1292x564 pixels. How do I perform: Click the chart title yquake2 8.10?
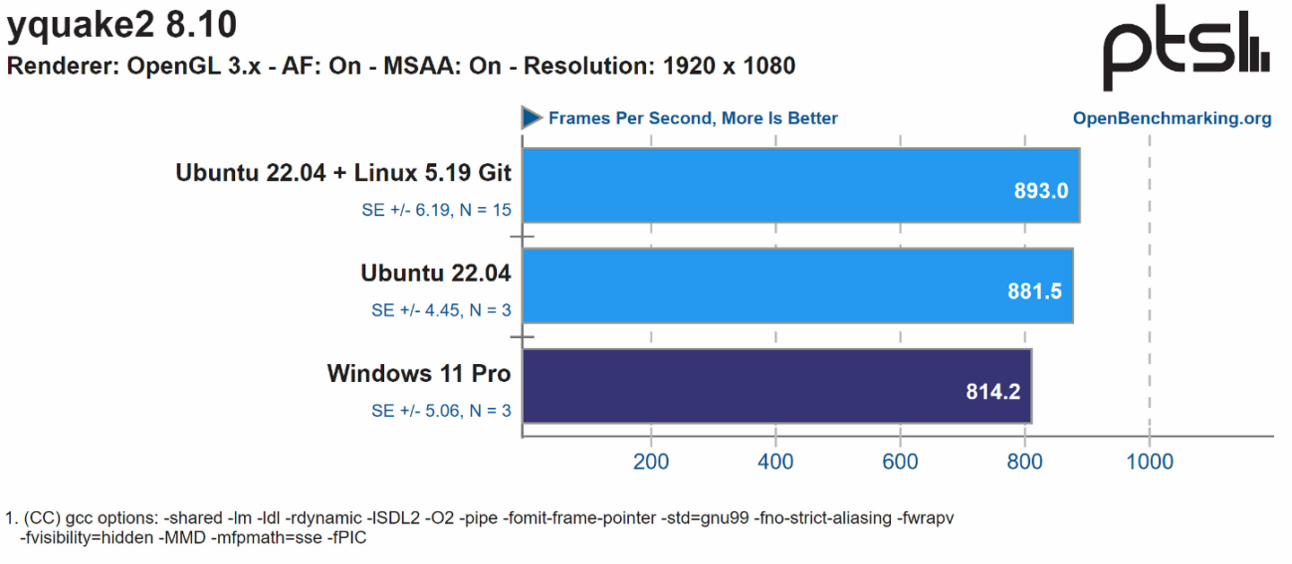pyautogui.click(x=122, y=25)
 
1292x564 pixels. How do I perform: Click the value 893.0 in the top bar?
pyautogui.click(x=1041, y=191)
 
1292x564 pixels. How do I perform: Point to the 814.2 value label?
pyautogui.click(x=993, y=392)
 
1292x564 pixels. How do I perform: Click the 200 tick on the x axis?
pyautogui.click(x=650, y=462)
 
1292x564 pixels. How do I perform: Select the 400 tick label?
pyautogui.click(x=775, y=462)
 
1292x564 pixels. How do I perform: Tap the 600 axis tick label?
pyautogui.click(x=900, y=462)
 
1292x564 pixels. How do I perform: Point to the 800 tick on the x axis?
pyautogui.click(x=1025, y=462)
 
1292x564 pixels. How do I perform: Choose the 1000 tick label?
pyautogui.click(x=1149, y=462)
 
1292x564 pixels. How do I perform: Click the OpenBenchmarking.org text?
pyautogui.click(x=1172, y=118)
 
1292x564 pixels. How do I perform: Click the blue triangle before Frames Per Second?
pyautogui.click(x=532, y=117)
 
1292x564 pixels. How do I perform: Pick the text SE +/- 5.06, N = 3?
pyautogui.click(x=441, y=411)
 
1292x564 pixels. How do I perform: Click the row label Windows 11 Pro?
pyautogui.click(x=419, y=373)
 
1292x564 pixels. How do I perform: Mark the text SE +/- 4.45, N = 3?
pyautogui.click(x=441, y=310)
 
